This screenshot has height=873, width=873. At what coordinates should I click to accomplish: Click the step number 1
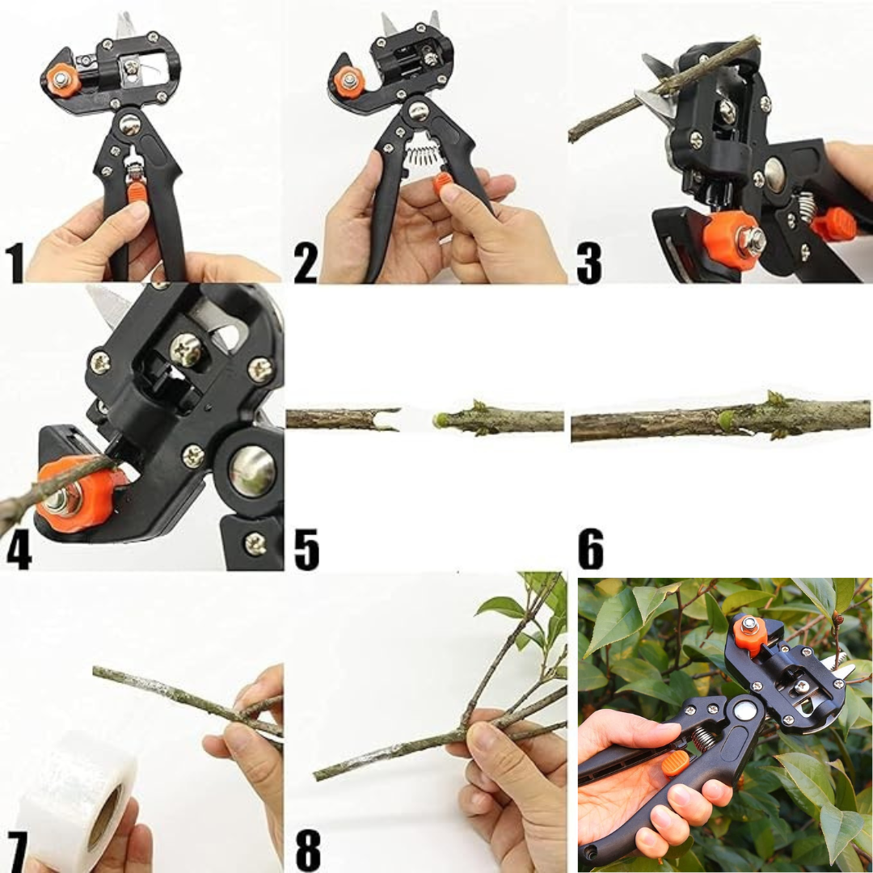pos(15,263)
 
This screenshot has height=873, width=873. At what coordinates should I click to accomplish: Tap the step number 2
pos(306,263)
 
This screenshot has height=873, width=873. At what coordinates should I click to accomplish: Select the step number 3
pos(589,263)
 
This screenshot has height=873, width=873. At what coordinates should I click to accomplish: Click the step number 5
pos(307,550)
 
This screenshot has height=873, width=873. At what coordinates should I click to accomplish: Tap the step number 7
pos(17,852)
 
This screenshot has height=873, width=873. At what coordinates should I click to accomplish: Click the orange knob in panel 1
pos(60,79)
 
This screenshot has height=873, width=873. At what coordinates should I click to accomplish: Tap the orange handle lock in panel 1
pos(137,191)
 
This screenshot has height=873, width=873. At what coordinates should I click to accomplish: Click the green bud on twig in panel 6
pos(724,420)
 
